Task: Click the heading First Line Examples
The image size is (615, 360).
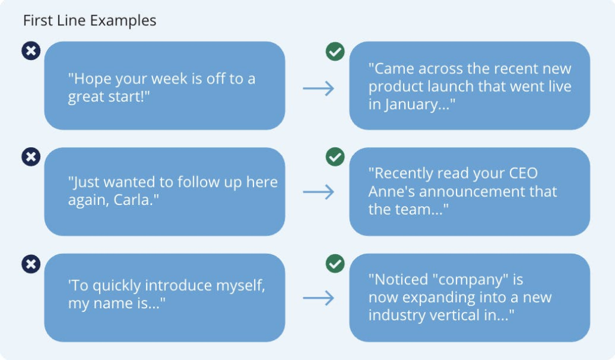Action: point(89,20)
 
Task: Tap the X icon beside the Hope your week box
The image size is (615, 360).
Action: point(31,51)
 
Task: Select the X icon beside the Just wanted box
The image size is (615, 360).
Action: point(31,157)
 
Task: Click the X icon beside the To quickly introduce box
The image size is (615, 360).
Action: point(31,264)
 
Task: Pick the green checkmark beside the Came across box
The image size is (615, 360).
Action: point(335,52)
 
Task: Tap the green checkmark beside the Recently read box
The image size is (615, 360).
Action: point(335,157)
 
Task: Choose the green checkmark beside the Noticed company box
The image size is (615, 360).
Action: point(335,263)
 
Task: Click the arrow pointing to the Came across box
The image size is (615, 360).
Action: point(318,88)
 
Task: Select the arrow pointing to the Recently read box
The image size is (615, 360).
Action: point(318,192)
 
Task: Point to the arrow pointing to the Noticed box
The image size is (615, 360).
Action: point(318,298)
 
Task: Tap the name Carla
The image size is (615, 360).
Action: point(134,200)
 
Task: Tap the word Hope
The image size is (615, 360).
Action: point(91,79)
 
